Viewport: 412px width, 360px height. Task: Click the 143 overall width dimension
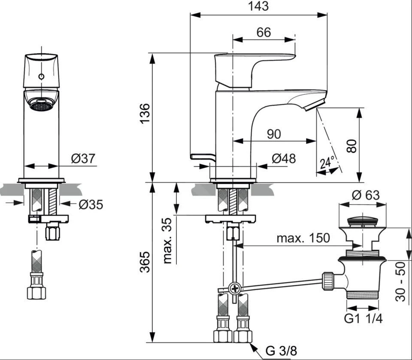pyautogui.click(x=258, y=6)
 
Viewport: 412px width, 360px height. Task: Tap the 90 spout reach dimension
pyautogui.click(x=273, y=134)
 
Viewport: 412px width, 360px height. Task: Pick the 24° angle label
pyautogui.click(x=327, y=163)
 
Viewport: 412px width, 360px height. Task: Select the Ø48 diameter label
pyautogui.click(x=284, y=158)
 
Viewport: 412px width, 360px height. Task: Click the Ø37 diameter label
pyautogui.click(x=82, y=158)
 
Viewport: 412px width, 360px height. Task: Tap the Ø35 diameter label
pyautogui.click(x=91, y=205)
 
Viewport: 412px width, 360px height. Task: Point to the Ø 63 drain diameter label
pyautogui.click(x=366, y=195)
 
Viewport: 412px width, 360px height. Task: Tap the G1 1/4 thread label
pyautogui.click(x=364, y=319)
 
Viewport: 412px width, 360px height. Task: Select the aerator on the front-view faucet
pyautogui.click(x=41, y=105)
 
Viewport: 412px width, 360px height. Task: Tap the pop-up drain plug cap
pyautogui.click(x=363, y=222)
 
